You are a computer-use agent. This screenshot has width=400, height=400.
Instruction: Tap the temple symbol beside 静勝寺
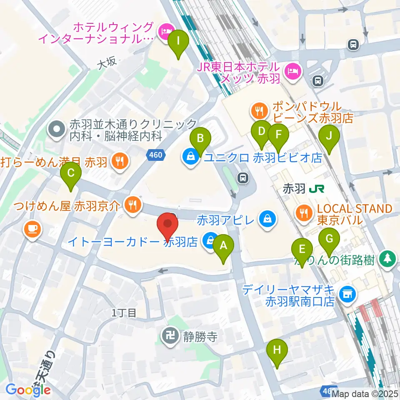170,336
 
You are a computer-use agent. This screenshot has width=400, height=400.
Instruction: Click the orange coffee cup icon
32,228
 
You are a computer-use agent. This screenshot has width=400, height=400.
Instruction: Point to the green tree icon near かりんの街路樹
388,258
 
